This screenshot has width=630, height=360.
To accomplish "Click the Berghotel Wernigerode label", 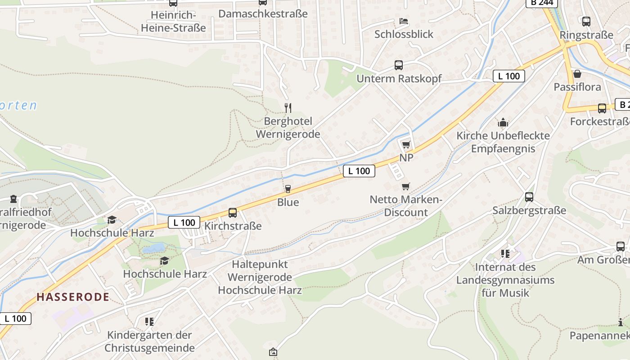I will coord(288,128).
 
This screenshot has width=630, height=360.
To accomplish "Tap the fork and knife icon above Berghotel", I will coord(288,108).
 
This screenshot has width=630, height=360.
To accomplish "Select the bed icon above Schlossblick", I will coord(404,21).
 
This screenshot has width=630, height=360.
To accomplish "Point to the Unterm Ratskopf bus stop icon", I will coord(399,65).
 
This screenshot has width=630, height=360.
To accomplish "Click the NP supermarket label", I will coord(406,158).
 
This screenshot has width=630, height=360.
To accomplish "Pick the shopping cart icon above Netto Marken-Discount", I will coord(406,186).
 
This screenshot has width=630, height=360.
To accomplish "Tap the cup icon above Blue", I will coord(288,189).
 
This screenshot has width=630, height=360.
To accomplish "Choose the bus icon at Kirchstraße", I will coord(233,213).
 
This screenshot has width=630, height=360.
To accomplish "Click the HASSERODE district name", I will coord(73,297).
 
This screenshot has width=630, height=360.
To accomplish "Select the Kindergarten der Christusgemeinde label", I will coord(150,342).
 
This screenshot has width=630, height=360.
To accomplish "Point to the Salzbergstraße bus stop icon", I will coord(529,197).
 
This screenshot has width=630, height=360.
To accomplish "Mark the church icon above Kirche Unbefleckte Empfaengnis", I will coord(503,122).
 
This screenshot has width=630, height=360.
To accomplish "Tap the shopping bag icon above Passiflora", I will coord(577,74).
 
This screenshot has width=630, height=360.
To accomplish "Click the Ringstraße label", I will coord(586,35).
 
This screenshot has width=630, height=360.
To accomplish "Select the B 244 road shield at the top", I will coord(542,3).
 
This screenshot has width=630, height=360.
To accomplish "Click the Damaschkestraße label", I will coord(263,13).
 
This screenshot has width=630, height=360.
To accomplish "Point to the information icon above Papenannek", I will coord(621,322).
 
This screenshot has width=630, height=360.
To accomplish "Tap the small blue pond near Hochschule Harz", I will coord(154,247).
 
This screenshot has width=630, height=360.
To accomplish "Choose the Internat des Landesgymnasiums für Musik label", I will coord(505,280).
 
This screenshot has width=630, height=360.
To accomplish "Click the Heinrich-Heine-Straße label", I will coord(173,22).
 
